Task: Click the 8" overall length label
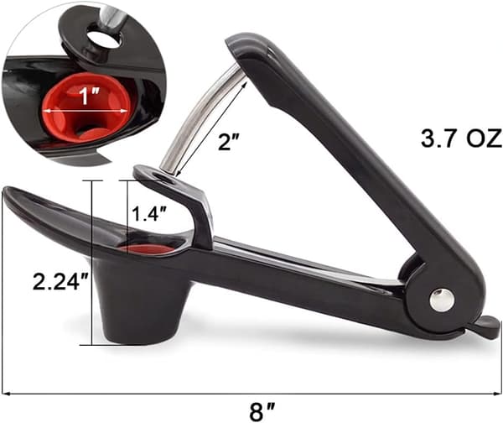262,412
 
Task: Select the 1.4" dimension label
149,214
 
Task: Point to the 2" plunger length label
229,142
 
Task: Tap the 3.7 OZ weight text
461,138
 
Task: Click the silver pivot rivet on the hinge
442,300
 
